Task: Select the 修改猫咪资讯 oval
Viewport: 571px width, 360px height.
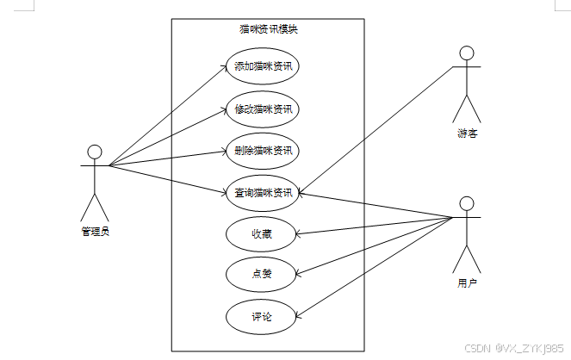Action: pos(262,109)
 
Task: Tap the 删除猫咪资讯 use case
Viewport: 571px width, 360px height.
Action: pos(262,151)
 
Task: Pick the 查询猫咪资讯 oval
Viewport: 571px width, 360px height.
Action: pos(262,192)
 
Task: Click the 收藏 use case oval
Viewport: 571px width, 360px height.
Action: pos(262,233)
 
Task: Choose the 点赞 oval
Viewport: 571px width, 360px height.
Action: pos(262,275)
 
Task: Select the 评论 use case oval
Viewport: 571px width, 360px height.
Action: pos(262,317)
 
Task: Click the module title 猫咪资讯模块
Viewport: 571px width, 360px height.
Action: pos(268,29)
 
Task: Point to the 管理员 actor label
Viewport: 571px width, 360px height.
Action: pos(95,231)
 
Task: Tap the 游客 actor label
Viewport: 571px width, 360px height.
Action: pos(467,133)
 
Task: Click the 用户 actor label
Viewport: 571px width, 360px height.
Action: pos(466,282)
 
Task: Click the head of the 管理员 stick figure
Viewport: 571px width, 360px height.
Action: pos(95,152)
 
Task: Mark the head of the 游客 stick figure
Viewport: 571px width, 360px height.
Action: pos(467,54)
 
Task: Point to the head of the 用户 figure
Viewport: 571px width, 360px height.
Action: pos(466,203)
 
